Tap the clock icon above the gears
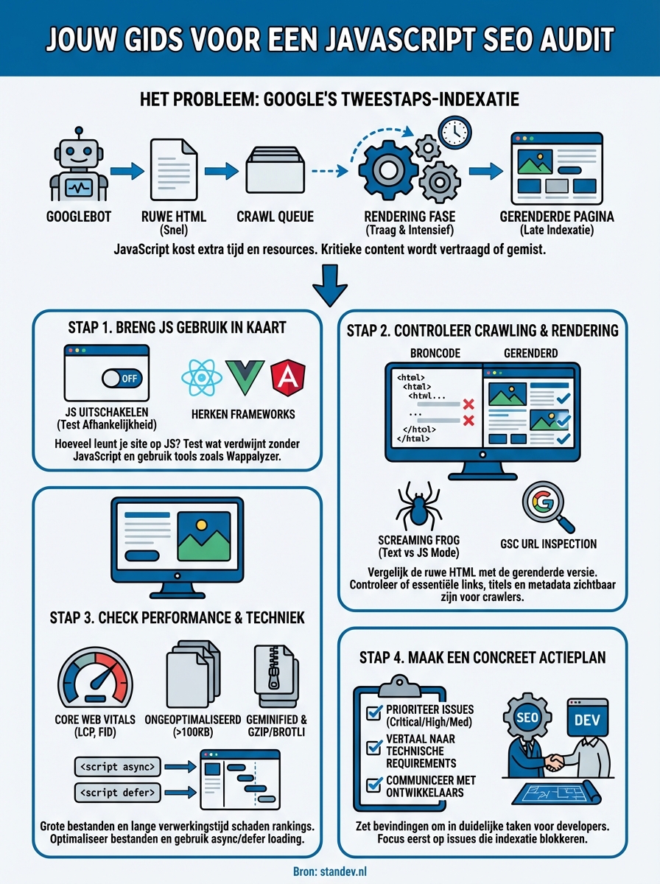454,132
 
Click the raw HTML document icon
174,170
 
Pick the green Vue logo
244,378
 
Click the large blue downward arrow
329,287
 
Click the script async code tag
117,767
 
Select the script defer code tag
117,793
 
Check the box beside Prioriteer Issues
373,712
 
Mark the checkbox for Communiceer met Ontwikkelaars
373,785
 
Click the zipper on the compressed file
275,672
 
